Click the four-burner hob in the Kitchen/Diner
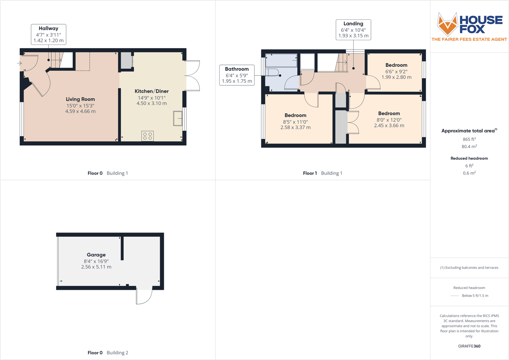click(x=148, y=136)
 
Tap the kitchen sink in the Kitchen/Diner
click(x=178, y=118)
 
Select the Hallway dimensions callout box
click(x=49, y=35)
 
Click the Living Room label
click(x=80, y=99)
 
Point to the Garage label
click(x=96, y=255)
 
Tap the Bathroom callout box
click(x=237, y=75)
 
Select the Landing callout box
click(x=353, y=30)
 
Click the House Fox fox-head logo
click(x=447, y=24)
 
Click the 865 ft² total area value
click(x=469, y=139)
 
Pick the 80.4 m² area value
click(x=469, y=146)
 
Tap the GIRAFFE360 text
click(x=469, y=346)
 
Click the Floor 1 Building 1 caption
click(x=322, y=173)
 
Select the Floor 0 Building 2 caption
click(x=108, y=353)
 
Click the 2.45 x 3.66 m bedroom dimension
click(x=389, y=126)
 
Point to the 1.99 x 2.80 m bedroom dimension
click(x=396, y=77)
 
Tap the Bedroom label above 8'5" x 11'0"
click(x=295, y=115)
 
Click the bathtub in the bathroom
click(x=281, y=60)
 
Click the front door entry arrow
click(x=19, y=63)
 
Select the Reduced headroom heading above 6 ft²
click(x=469, y=158)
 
